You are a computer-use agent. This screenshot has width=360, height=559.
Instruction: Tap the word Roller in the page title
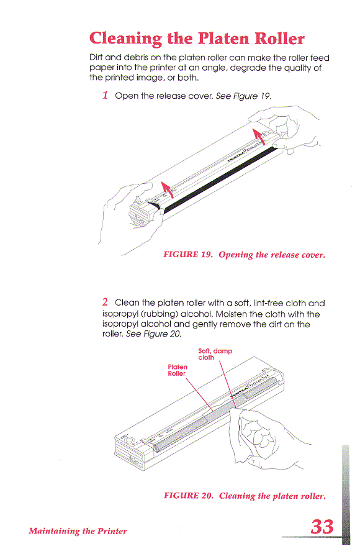(276, 39)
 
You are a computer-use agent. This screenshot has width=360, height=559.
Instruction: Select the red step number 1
(106, 96)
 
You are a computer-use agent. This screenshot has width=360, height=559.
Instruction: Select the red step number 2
(106, 302)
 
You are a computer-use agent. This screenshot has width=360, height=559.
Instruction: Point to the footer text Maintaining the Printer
(78, 530)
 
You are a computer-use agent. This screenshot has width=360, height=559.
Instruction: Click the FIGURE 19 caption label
(187, 255)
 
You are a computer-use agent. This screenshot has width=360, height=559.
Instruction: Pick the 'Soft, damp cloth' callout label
(214, 354)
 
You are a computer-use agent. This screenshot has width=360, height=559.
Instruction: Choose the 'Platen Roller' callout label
(179, 370)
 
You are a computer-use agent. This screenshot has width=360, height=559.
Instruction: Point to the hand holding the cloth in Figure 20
(258, 435)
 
